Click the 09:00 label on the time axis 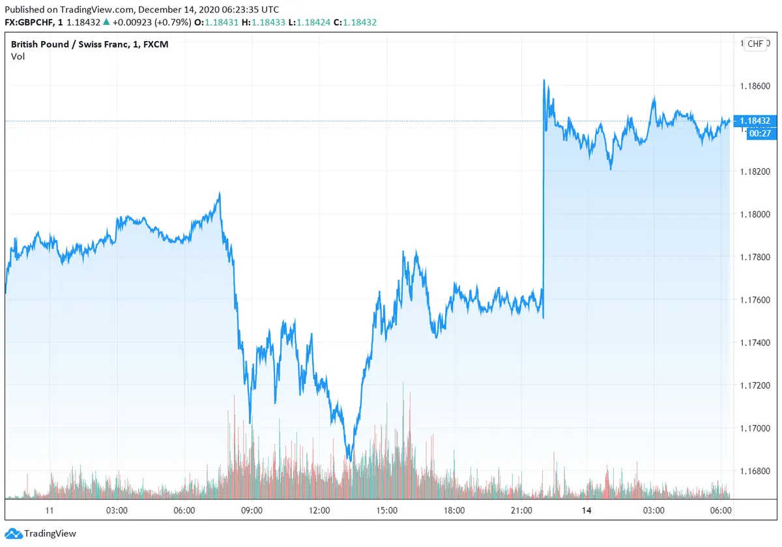click(x=252, y=510)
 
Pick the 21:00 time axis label click(x=522, y=510)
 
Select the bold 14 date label click(x=586, y=510)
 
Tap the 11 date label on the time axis click(x=49, y=510)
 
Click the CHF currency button click(x=755, y=44)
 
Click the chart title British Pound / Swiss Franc click(x=72, y=44)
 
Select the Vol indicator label click(x=17, y=57)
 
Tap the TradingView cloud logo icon click(x=13, y=533)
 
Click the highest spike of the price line click(x=544, y=80)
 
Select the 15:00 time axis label click(x=387, y=510)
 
